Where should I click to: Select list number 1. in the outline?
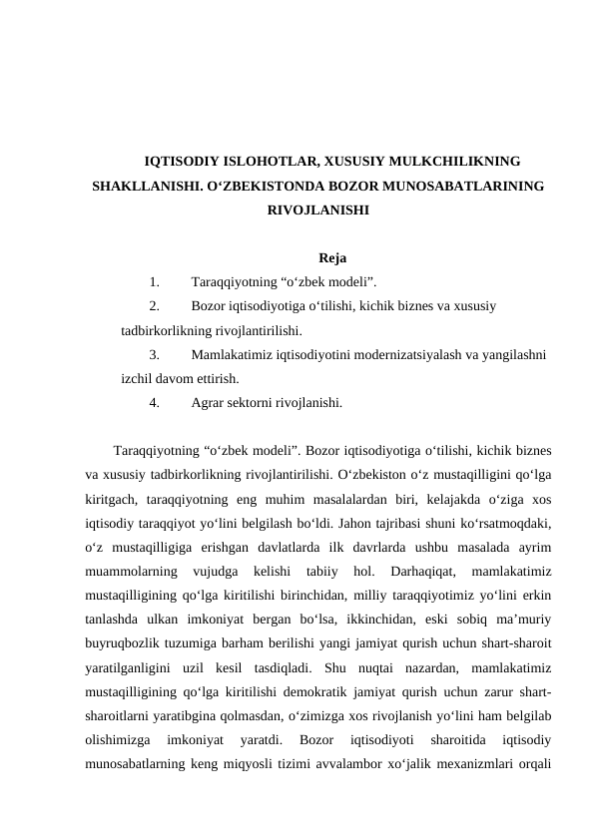coord(154,282)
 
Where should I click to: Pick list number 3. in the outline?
coord(154,354)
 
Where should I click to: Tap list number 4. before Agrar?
coord(154,404)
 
